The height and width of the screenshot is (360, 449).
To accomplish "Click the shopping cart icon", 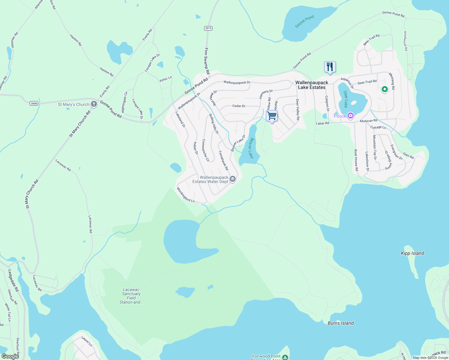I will [x=272, y=116].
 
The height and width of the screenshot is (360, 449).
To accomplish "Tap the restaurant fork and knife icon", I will [x=330, y=67].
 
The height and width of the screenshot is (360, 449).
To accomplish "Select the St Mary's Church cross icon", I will [x=94, y=104].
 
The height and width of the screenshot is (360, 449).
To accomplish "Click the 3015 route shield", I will [x=208, y=28].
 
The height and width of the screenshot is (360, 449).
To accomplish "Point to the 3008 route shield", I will [x=34, y=103].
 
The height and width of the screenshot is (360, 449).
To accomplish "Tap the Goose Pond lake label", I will [x=304, y=22].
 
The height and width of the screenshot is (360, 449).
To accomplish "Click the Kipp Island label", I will [x=412, y=253].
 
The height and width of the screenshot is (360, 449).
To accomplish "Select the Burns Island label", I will [x=341, y=323].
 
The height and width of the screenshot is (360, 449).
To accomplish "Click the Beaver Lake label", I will [x=251, y=148].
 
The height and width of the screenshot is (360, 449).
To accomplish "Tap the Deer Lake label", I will [x=345, y=99].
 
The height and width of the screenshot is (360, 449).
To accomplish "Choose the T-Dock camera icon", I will [x=350, y=116].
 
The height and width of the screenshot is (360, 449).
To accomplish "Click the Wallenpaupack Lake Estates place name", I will [x=312, y=85].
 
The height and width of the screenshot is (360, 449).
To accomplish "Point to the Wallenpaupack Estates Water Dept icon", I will [x=233, y=179].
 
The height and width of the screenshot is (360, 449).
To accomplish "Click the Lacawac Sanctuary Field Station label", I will [x=131, y=296].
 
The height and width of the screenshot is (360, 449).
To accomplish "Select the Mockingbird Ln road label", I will [x=185, y=195].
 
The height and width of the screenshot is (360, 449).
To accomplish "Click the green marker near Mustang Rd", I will [x=384, y=89].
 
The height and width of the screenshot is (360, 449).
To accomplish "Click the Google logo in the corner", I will [x=10, y=356].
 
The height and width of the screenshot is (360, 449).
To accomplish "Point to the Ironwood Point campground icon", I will [x=285, y=357].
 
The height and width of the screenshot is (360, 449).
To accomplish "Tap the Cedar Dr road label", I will [x=239, y=106].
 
